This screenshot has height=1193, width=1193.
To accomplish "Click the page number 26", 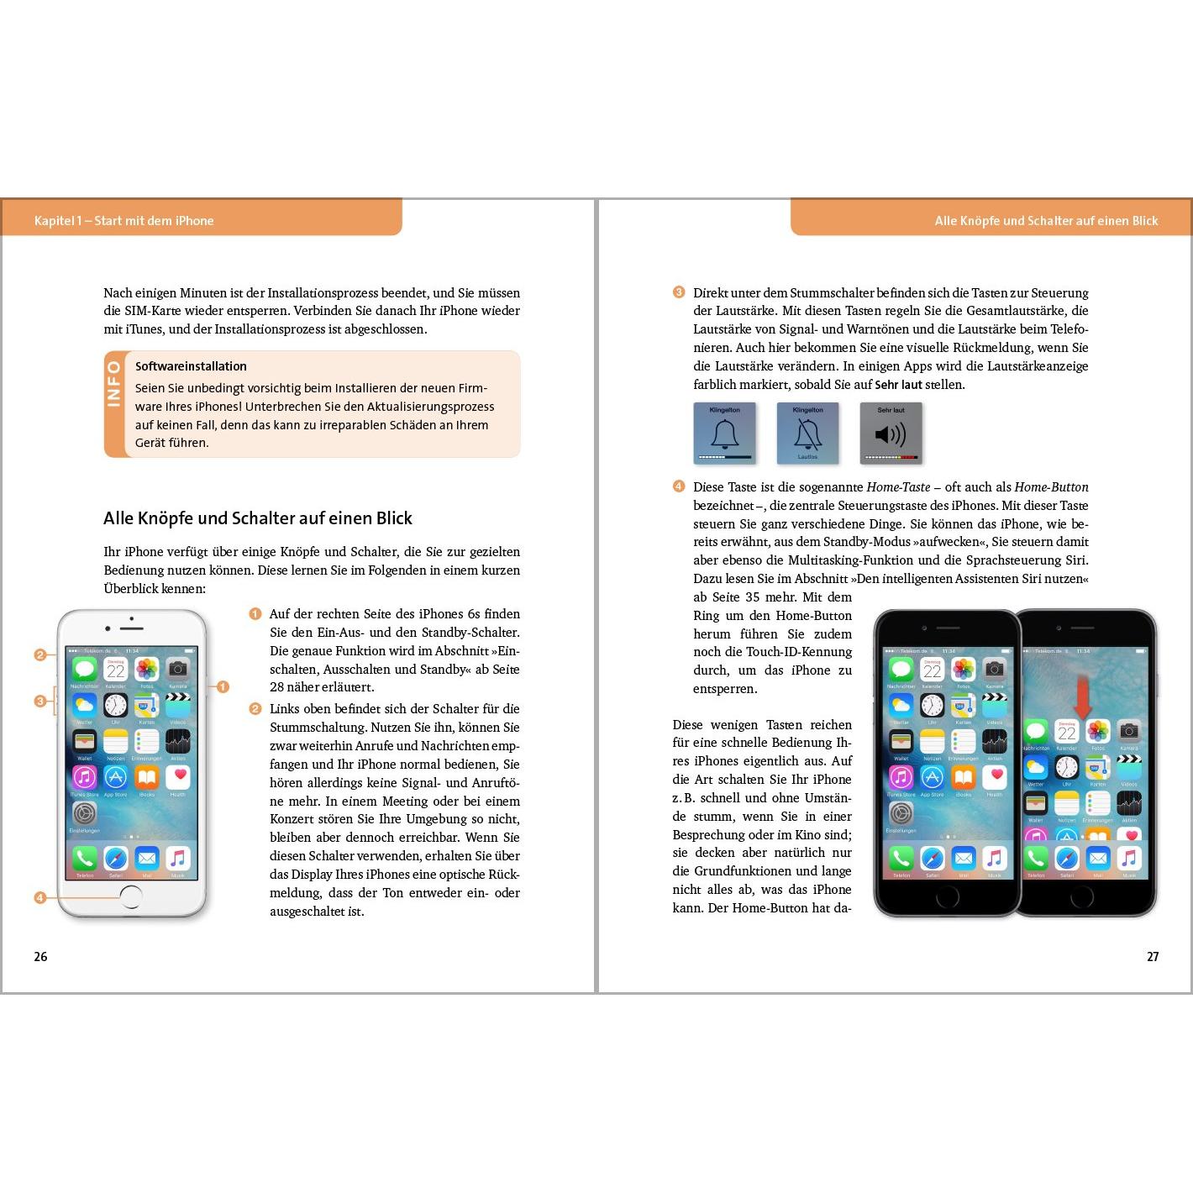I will coord(40,957).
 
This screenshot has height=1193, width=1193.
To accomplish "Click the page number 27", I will coord(1153,957).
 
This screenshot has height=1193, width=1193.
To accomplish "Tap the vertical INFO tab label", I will coord(114,384).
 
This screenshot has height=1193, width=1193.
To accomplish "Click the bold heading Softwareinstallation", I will coord(191,366).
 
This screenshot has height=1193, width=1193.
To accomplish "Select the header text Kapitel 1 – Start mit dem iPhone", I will coord(124,221).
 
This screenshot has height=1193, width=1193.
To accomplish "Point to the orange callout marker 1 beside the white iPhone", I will coord(223,686).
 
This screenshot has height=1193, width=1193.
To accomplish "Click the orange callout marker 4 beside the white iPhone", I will coord(39,897).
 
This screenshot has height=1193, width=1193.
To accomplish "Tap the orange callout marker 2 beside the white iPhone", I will coord(39,654).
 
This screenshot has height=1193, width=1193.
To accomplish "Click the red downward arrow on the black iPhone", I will coord(1082,696).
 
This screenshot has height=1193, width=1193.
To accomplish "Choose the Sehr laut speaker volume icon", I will coord(891,434).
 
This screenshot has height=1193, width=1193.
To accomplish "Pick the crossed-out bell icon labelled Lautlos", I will coord(807,434).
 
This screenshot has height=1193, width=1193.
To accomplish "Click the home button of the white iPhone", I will coord(131,897).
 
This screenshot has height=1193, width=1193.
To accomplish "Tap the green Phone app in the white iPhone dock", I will coord(84,858).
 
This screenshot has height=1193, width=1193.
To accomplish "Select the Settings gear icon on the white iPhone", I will coord(84,813).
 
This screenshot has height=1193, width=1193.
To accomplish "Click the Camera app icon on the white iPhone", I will coord(177,669).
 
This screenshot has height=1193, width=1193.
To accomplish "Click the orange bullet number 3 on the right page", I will coord(679,292).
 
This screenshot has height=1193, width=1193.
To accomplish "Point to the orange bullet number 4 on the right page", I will coord(679,486).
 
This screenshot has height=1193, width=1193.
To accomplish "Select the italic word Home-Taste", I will coord(898,487).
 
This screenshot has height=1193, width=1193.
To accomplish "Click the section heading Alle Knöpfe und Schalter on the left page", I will coord(258,518).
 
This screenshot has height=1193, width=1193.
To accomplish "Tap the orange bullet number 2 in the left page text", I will coord(255,709).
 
